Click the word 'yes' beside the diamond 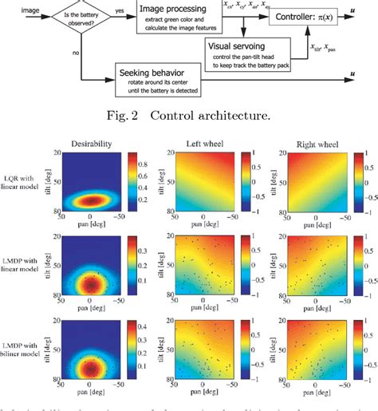point(120,10)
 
